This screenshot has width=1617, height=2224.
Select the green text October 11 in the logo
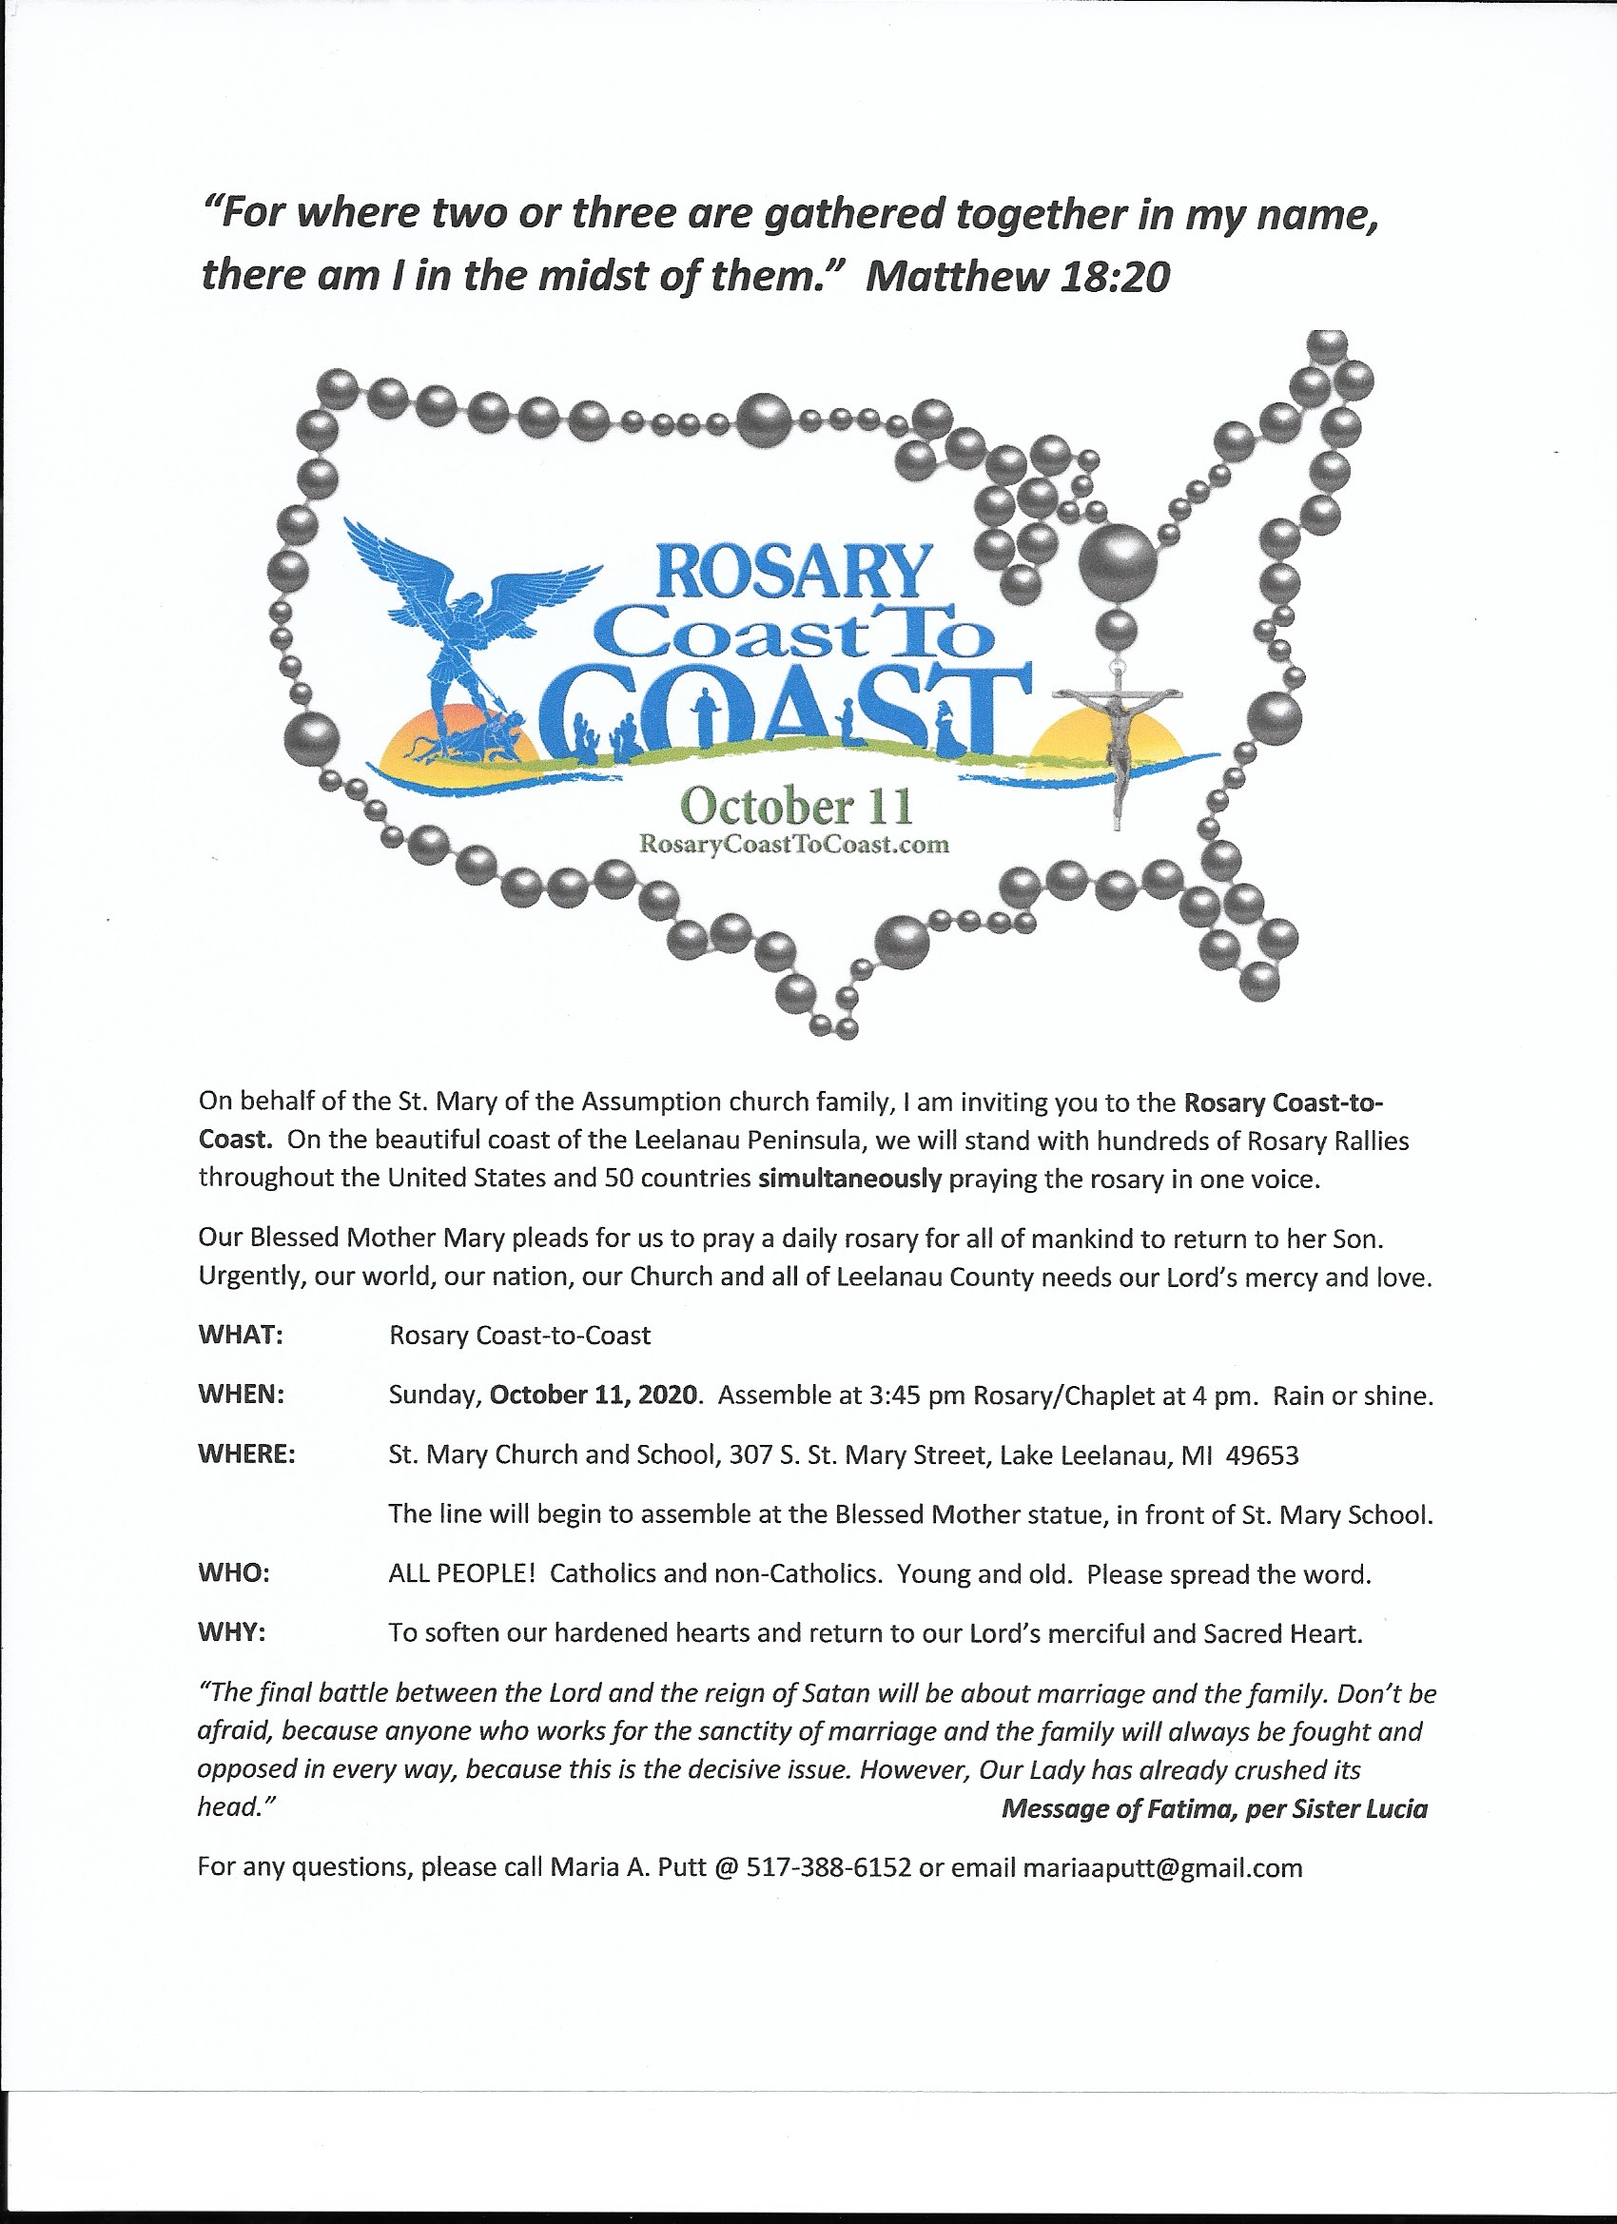[x=796, y=806]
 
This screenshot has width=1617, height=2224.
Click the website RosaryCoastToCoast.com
[x=794, y=845]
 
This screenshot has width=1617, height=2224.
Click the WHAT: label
[x=241, y=1336]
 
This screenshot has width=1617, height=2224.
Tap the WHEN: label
[x=242, y=1395]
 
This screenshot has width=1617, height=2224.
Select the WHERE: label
[x=246, y=1454]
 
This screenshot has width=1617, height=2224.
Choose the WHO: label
[x=233, y=1574]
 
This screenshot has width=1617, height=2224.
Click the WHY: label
[x=232, y=1633]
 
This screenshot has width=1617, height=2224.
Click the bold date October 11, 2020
[x=595, y=1395]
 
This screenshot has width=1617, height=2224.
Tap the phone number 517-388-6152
[x=828, y=1867]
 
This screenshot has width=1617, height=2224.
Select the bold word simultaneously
[x=849, y=1178]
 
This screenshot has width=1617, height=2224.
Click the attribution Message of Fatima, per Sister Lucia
[x=1214, y=1809]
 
